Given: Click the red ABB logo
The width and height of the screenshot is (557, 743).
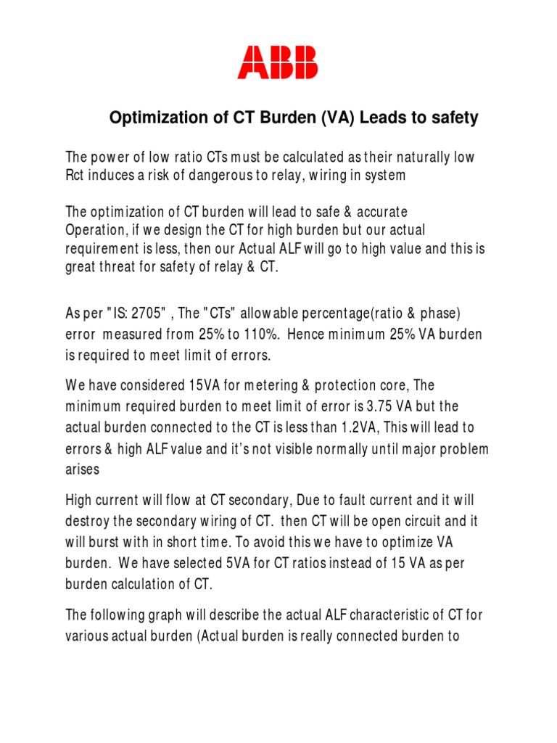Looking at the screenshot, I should pos(278,62).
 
